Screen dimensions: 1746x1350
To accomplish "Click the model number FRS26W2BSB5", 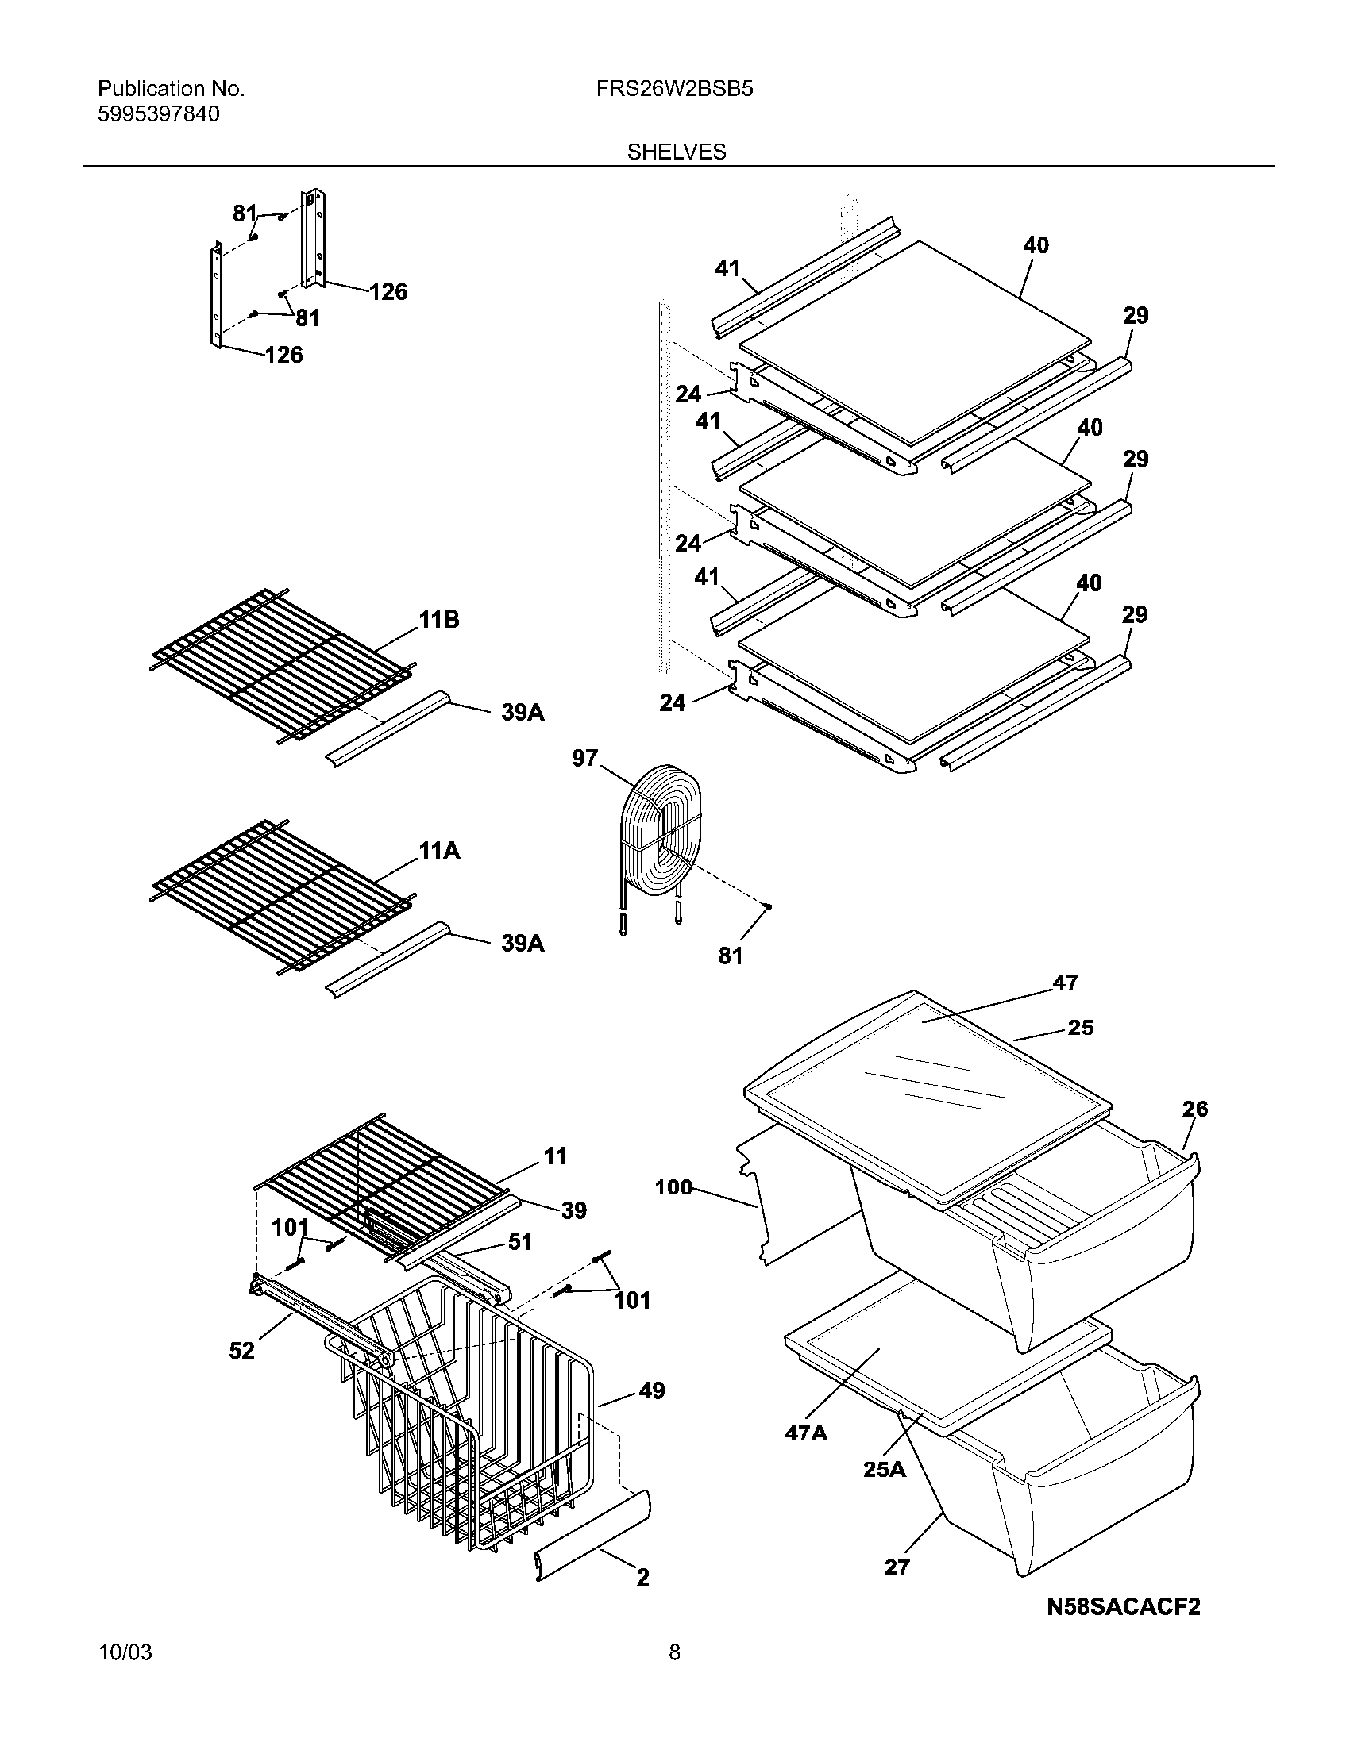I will [x=674, y=89].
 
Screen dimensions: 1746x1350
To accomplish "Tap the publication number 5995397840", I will [x=158, y=114].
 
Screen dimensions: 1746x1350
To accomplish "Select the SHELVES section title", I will [x=677, y=152].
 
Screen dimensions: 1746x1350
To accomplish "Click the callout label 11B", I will [x=438, y=620].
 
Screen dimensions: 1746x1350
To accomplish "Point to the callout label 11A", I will [x=439, y=851].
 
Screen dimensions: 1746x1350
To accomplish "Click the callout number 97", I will [x=584, y=758].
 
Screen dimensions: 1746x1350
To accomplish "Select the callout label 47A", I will [x=805, y=1433].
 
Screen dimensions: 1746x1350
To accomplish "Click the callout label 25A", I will [x=884, y=1468].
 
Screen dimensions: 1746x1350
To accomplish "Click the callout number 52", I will [x=241, y=1350].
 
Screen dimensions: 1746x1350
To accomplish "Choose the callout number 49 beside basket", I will [x=652, y=1390].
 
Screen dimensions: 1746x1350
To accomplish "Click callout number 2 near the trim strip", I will [x=642, y=1577].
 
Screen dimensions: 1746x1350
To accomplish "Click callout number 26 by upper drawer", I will [x=1195, y=1109].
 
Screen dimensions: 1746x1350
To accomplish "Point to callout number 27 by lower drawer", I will [x=897, y=1567].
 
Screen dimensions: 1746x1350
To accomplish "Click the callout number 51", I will [x=520, y=1241].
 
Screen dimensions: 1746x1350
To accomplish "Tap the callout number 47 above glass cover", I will [x=1065, y=982].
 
